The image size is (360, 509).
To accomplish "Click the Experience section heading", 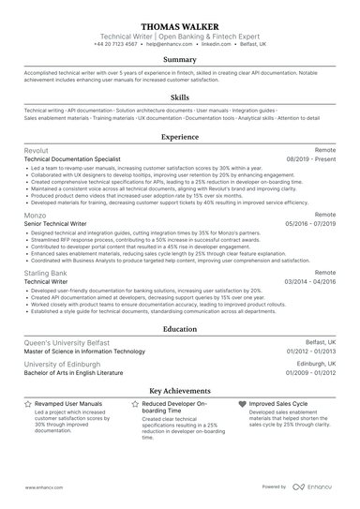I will [x=180, y=136].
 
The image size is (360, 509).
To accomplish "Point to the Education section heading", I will [x=180, y=330].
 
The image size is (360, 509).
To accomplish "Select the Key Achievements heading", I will [x=180, y=389].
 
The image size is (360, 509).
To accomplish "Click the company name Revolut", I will [x=38, y=150].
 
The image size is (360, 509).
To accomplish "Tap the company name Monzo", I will [x=36, y=215].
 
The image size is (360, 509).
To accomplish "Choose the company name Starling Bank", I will [x=46, y=272].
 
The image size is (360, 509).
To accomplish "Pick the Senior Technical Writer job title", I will [x=57, y=224].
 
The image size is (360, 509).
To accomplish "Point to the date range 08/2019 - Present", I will [x=310, y=159].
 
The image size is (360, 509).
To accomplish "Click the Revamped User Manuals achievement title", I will [x=68, y=403].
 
